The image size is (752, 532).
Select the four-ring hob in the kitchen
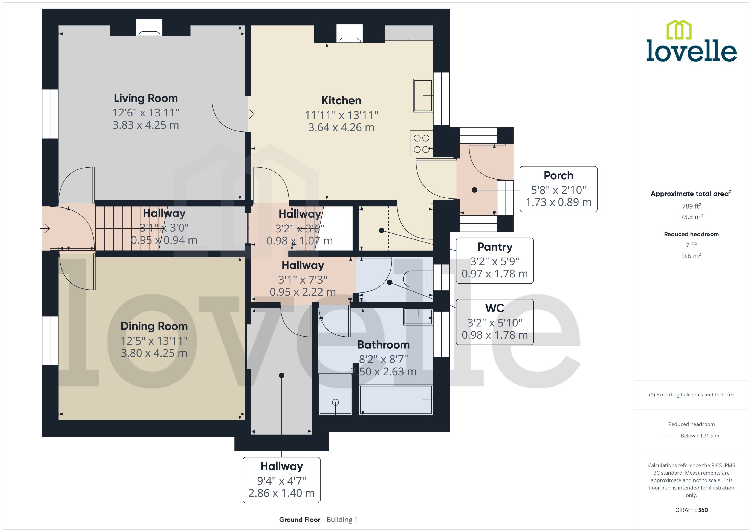421,144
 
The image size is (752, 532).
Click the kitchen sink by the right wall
423,95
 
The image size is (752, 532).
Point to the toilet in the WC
417,279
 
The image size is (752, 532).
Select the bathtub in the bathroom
396,400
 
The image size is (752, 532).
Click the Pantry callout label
494,247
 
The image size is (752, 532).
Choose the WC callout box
494,322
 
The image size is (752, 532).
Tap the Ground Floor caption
299,520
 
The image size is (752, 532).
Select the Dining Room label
154,326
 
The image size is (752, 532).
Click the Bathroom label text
383,345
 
